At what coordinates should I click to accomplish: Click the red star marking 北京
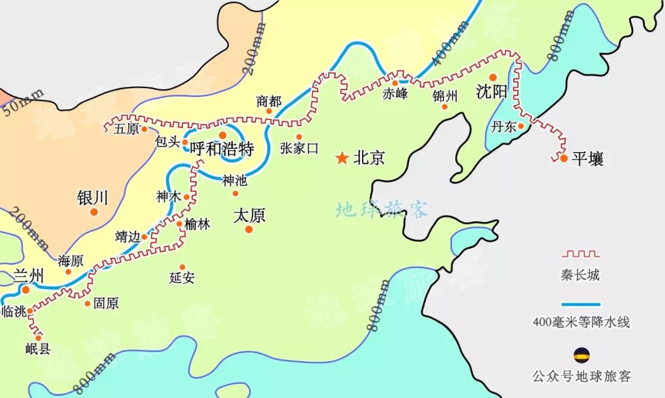tap(341, 159)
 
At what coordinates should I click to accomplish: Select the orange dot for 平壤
tap(563, 158)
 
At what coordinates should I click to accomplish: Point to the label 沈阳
tap(491, 92)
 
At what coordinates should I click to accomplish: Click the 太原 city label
tap(249, 216)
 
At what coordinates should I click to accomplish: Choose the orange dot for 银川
tap(94, 212)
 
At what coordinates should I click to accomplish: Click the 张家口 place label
tap(299, 148)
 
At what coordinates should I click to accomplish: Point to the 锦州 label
tap(445, 95)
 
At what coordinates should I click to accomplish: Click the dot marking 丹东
tap(520, 127)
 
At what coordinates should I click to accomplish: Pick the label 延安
tap(182, 277)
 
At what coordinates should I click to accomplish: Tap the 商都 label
tap(269, 101)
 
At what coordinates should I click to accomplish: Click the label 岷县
tap(38, 349)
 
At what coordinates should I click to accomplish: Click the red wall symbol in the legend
tap(580, 253)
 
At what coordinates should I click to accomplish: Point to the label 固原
tap(106, 303)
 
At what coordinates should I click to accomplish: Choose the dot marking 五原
tap(144, 130)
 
